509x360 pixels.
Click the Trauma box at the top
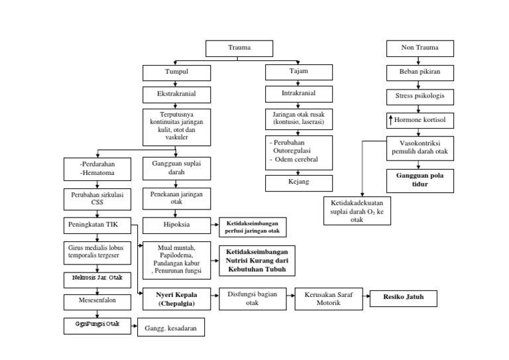tap(239, 48)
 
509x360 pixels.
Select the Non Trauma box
tap(420, 48)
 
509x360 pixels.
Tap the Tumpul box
tap(176, 72)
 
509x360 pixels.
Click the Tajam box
tap(299, 71)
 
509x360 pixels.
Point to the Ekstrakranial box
tap(176, 94)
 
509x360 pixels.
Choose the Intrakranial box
tap(299, 93)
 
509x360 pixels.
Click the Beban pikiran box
tap(420, 72)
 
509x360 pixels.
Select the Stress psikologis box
tap(420, 96)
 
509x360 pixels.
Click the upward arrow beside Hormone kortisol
tap(391, 120)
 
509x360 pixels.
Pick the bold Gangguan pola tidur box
tap(420, 180)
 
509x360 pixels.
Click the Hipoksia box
tap(176, 225)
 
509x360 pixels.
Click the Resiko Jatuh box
tap(404, 298)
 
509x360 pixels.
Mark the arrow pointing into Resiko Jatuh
tap(366, 298)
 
